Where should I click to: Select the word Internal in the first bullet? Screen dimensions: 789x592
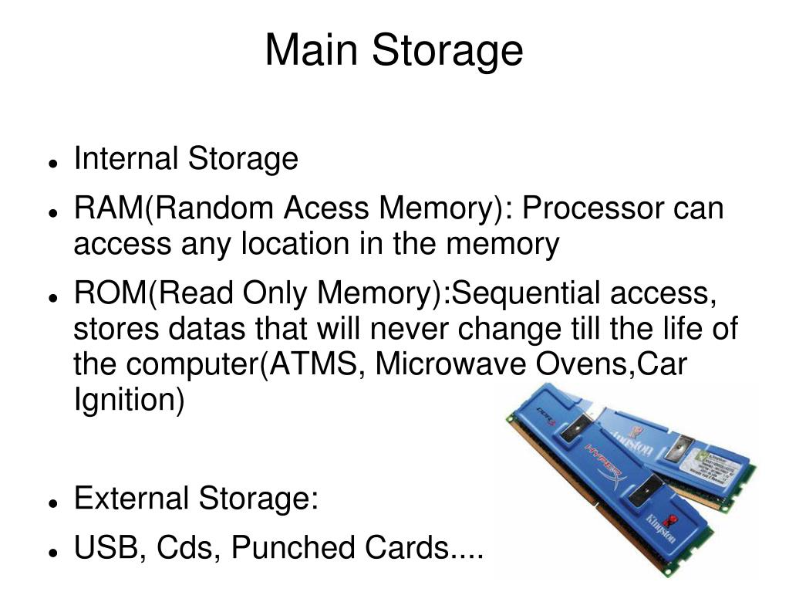point(126,159)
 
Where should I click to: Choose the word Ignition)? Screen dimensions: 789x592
point(129,400)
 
